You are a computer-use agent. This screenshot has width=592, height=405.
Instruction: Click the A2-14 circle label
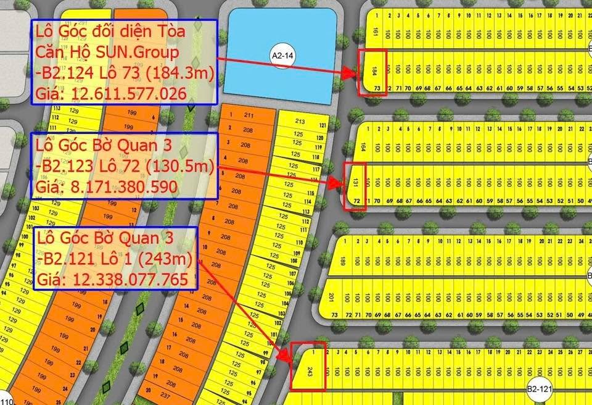[x=281, y=56]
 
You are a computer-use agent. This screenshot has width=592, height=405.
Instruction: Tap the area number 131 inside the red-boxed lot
[x=355, y=183]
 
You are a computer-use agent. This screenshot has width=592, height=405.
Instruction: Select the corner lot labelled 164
[x=363, y=148]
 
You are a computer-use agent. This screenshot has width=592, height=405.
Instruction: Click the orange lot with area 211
[x=249, y=115]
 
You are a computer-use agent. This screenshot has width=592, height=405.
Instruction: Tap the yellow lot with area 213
[x=300, y=121]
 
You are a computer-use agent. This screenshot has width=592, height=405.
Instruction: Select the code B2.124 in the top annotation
[x=67, y=73]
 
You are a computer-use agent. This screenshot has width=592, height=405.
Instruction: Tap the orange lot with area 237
[x=164, y=396]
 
